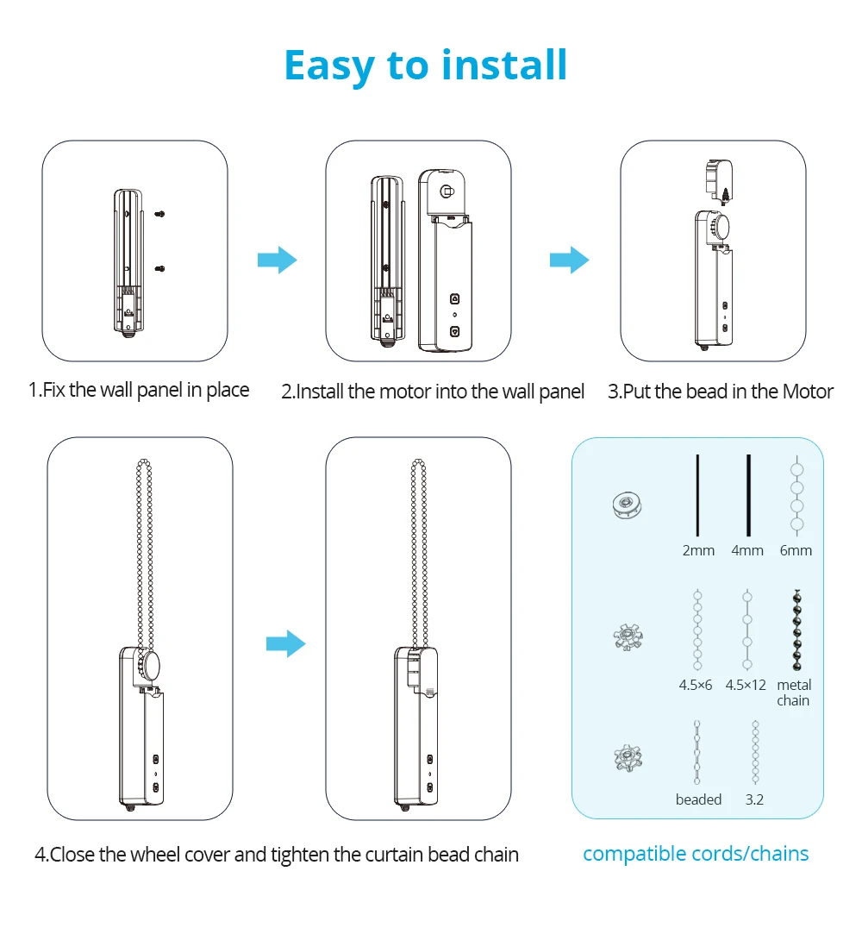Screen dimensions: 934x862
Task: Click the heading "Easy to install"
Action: click(x=426, y=66)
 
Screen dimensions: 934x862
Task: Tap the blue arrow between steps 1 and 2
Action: click(x=277, y=260)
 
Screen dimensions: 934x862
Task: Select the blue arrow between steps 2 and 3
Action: click(x=569, y=260)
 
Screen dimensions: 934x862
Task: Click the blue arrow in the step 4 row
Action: click(x=285, y=643)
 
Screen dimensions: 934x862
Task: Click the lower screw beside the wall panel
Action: click(x=160, y=269)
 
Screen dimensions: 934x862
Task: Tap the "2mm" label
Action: click(x=698, y=550)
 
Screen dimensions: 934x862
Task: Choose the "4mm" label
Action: click(x=747, y=550)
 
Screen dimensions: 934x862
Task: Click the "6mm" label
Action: click(x=796, y=550)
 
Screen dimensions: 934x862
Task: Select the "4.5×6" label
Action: click(x=696, y=685)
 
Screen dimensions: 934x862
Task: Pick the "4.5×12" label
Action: click(x=746, y=685)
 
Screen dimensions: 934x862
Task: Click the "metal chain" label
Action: click(x=794, y=693)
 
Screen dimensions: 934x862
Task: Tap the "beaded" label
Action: click(x=698, y=799)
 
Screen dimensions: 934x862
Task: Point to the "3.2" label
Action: click(x=754, y=799)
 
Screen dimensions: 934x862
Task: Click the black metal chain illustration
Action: click(x=796, y=630)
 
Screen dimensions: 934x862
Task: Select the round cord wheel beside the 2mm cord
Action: click(x=627, y=505)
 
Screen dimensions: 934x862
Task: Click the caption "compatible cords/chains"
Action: click(x=696, y=854)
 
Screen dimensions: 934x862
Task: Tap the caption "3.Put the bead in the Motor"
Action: click(x=721, y=392)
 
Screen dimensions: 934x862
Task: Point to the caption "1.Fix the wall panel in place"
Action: click(x=139, y=390)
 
